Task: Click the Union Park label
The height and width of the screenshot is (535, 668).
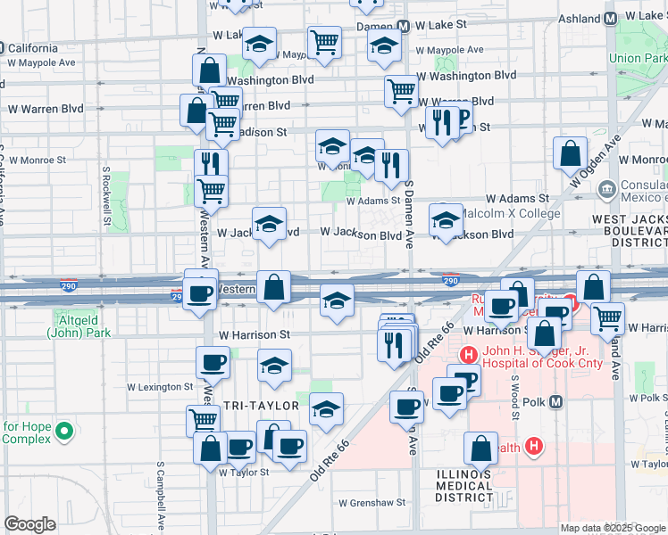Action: pos(638,58)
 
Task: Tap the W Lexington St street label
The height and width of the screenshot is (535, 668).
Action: pos(160,387)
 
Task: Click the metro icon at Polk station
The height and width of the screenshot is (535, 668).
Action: pos(556,401)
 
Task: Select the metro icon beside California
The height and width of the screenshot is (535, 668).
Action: pos(4,47)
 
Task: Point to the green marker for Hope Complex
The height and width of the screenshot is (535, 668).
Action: pos(63,432)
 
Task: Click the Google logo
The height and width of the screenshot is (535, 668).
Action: pos(30,524)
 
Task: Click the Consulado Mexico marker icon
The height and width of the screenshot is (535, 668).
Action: pos(607,189)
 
